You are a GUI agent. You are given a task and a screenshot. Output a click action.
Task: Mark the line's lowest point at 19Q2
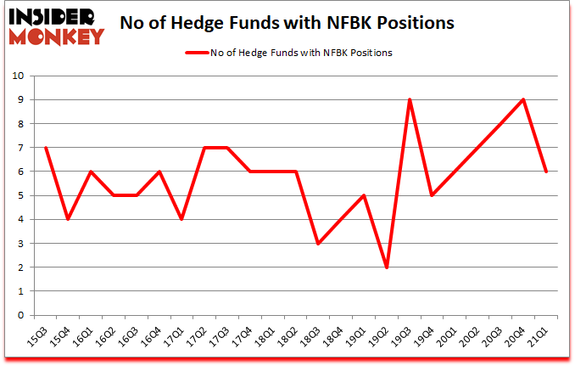[x=387, y=267]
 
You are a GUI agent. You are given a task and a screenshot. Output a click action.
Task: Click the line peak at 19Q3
[x=410, y=100]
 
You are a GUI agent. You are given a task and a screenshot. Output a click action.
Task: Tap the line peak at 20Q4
[x=523, y=100]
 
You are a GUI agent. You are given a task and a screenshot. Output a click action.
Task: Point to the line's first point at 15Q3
[x=45, y=148]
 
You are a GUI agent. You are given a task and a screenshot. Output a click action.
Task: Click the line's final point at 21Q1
[x=546, y=172]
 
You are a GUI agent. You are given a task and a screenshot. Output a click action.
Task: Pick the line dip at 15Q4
[x=68, y=219]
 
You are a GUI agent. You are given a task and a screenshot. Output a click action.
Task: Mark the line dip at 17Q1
[x=181, y=219]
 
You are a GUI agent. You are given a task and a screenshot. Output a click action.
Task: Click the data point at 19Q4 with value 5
[x=433, y=195]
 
